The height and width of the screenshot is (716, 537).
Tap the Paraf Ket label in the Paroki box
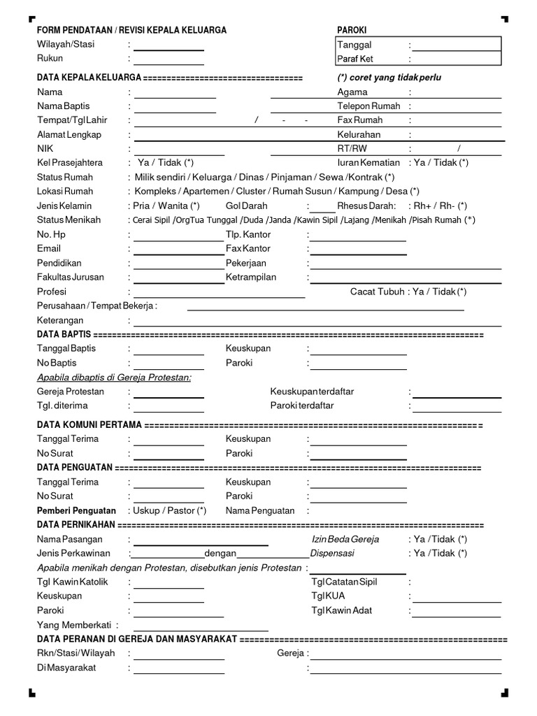click(x=355, y=59)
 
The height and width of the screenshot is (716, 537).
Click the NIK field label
click(x=45, y=148)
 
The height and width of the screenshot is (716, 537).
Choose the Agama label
click(x=352, y=92)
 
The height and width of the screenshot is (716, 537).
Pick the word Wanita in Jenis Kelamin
click(x=173, y=206)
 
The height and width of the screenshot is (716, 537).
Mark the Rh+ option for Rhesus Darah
click(x=422, y=206)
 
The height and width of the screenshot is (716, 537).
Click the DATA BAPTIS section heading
click(x=64, y=335)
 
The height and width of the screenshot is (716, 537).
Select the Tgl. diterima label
click(x=62, y=406)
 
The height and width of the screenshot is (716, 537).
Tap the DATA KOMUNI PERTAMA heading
click(x=89, y=425)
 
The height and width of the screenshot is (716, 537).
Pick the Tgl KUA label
click(x=328, y=596)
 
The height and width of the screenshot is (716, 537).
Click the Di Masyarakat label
click(x=66, y=668)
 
